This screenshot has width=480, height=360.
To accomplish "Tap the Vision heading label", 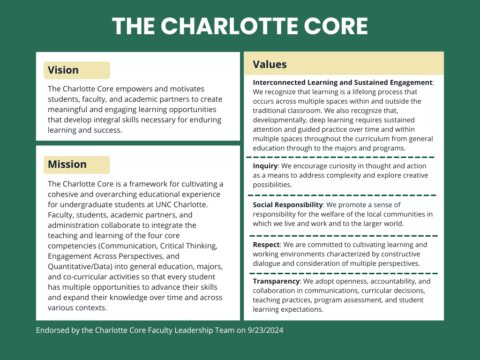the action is point(63,70).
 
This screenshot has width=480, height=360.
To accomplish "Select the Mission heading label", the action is point(67,165).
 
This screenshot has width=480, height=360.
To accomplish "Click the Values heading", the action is point(270,65).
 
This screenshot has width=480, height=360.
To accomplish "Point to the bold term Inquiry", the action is point(265,166).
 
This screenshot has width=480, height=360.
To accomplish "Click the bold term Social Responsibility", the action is point(288,205).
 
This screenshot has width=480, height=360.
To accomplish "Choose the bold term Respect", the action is point(266,245).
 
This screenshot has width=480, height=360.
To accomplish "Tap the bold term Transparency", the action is point(276,281).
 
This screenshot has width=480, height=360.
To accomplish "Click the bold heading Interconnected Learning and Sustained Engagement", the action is point(343,82).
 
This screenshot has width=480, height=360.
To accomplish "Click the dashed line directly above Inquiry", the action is point(341,157).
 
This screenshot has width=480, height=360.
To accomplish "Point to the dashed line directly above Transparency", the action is point(344,273).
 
